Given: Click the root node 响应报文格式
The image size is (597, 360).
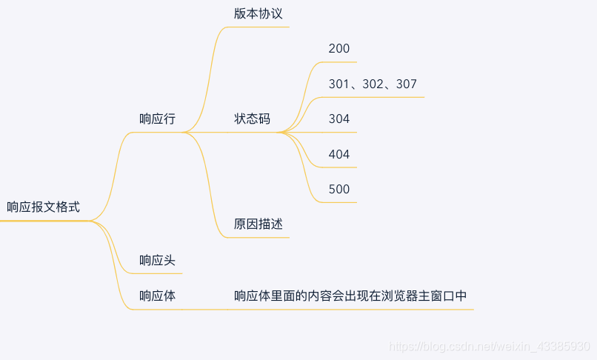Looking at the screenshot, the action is (43, 207).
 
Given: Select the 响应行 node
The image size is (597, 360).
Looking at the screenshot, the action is (157, 119).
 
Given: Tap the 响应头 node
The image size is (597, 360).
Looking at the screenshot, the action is (157, 260).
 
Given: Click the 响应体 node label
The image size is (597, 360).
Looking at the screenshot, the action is (157, 296).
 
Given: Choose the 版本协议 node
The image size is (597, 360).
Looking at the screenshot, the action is (258, 13).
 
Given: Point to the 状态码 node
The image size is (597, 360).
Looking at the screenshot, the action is (252, 119).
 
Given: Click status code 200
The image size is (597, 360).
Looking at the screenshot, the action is (339, 48).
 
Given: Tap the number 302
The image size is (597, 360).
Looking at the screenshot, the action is (373, 84).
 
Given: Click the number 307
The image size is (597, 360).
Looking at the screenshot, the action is (407, 84).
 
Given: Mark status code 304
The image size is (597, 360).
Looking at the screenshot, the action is (339, 119).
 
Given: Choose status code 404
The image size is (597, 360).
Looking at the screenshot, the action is (339, 154).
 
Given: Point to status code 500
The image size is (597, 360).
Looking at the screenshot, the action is (339, 190).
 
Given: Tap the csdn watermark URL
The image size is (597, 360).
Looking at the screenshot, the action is (490, 347).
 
